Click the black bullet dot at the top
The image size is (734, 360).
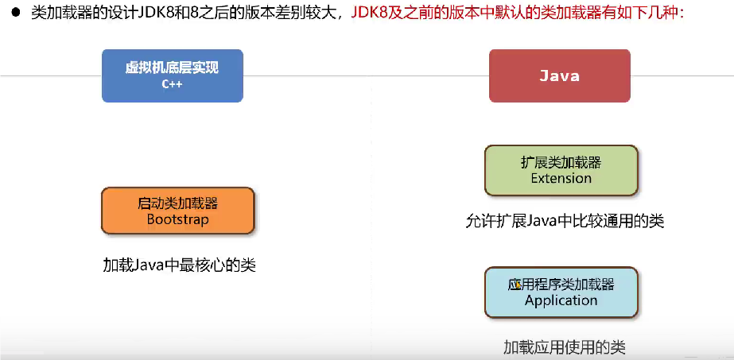(17, 12)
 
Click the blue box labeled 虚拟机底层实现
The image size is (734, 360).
(173, 75)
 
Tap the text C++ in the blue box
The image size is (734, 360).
(173, 84)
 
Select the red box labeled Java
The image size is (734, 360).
(559, 75)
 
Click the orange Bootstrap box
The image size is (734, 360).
(178, 211)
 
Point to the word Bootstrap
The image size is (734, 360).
(178, 219)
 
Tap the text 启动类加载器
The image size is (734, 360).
(178, 203)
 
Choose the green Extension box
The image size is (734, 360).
(561, 170)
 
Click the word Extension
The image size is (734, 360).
(561, 178)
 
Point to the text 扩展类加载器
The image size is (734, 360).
(561, 162)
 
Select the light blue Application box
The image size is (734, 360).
(561, 292)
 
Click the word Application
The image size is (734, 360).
(561, 300)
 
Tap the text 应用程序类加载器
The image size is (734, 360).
(561, 285)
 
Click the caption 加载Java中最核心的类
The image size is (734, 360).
(179, 265)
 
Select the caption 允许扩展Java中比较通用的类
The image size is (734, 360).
(565, 220)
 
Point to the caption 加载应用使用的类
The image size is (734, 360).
(565, 347)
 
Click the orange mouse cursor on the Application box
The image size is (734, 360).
(518, 283)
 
